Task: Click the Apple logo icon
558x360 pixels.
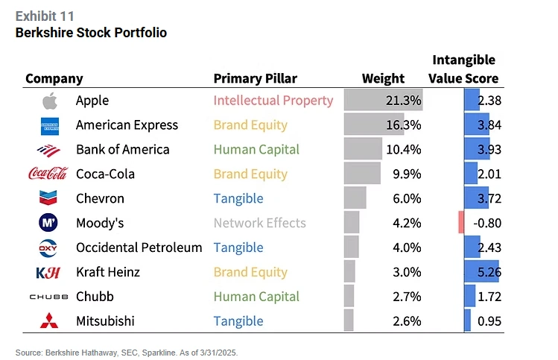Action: (49, 101)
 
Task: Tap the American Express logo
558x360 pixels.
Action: (49, 125)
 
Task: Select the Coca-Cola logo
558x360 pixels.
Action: (48, 174)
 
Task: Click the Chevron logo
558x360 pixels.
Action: (49, 198)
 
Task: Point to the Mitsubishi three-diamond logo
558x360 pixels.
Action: (49, 321)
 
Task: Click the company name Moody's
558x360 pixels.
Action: (100, 223)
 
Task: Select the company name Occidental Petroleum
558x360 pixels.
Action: (139, 247)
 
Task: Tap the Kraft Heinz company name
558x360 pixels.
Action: (109, 272)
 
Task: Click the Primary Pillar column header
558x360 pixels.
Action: (255, 78)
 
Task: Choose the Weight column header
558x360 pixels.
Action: (383, 78)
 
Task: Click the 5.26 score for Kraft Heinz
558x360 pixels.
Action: (489, 272)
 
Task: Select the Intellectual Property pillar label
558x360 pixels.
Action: (273, 101)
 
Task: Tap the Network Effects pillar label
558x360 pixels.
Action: (259, 223)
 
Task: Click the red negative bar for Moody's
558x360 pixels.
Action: (461, 223)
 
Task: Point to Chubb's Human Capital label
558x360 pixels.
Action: (256, 297)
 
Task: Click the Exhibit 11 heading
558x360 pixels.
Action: (44, 16)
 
